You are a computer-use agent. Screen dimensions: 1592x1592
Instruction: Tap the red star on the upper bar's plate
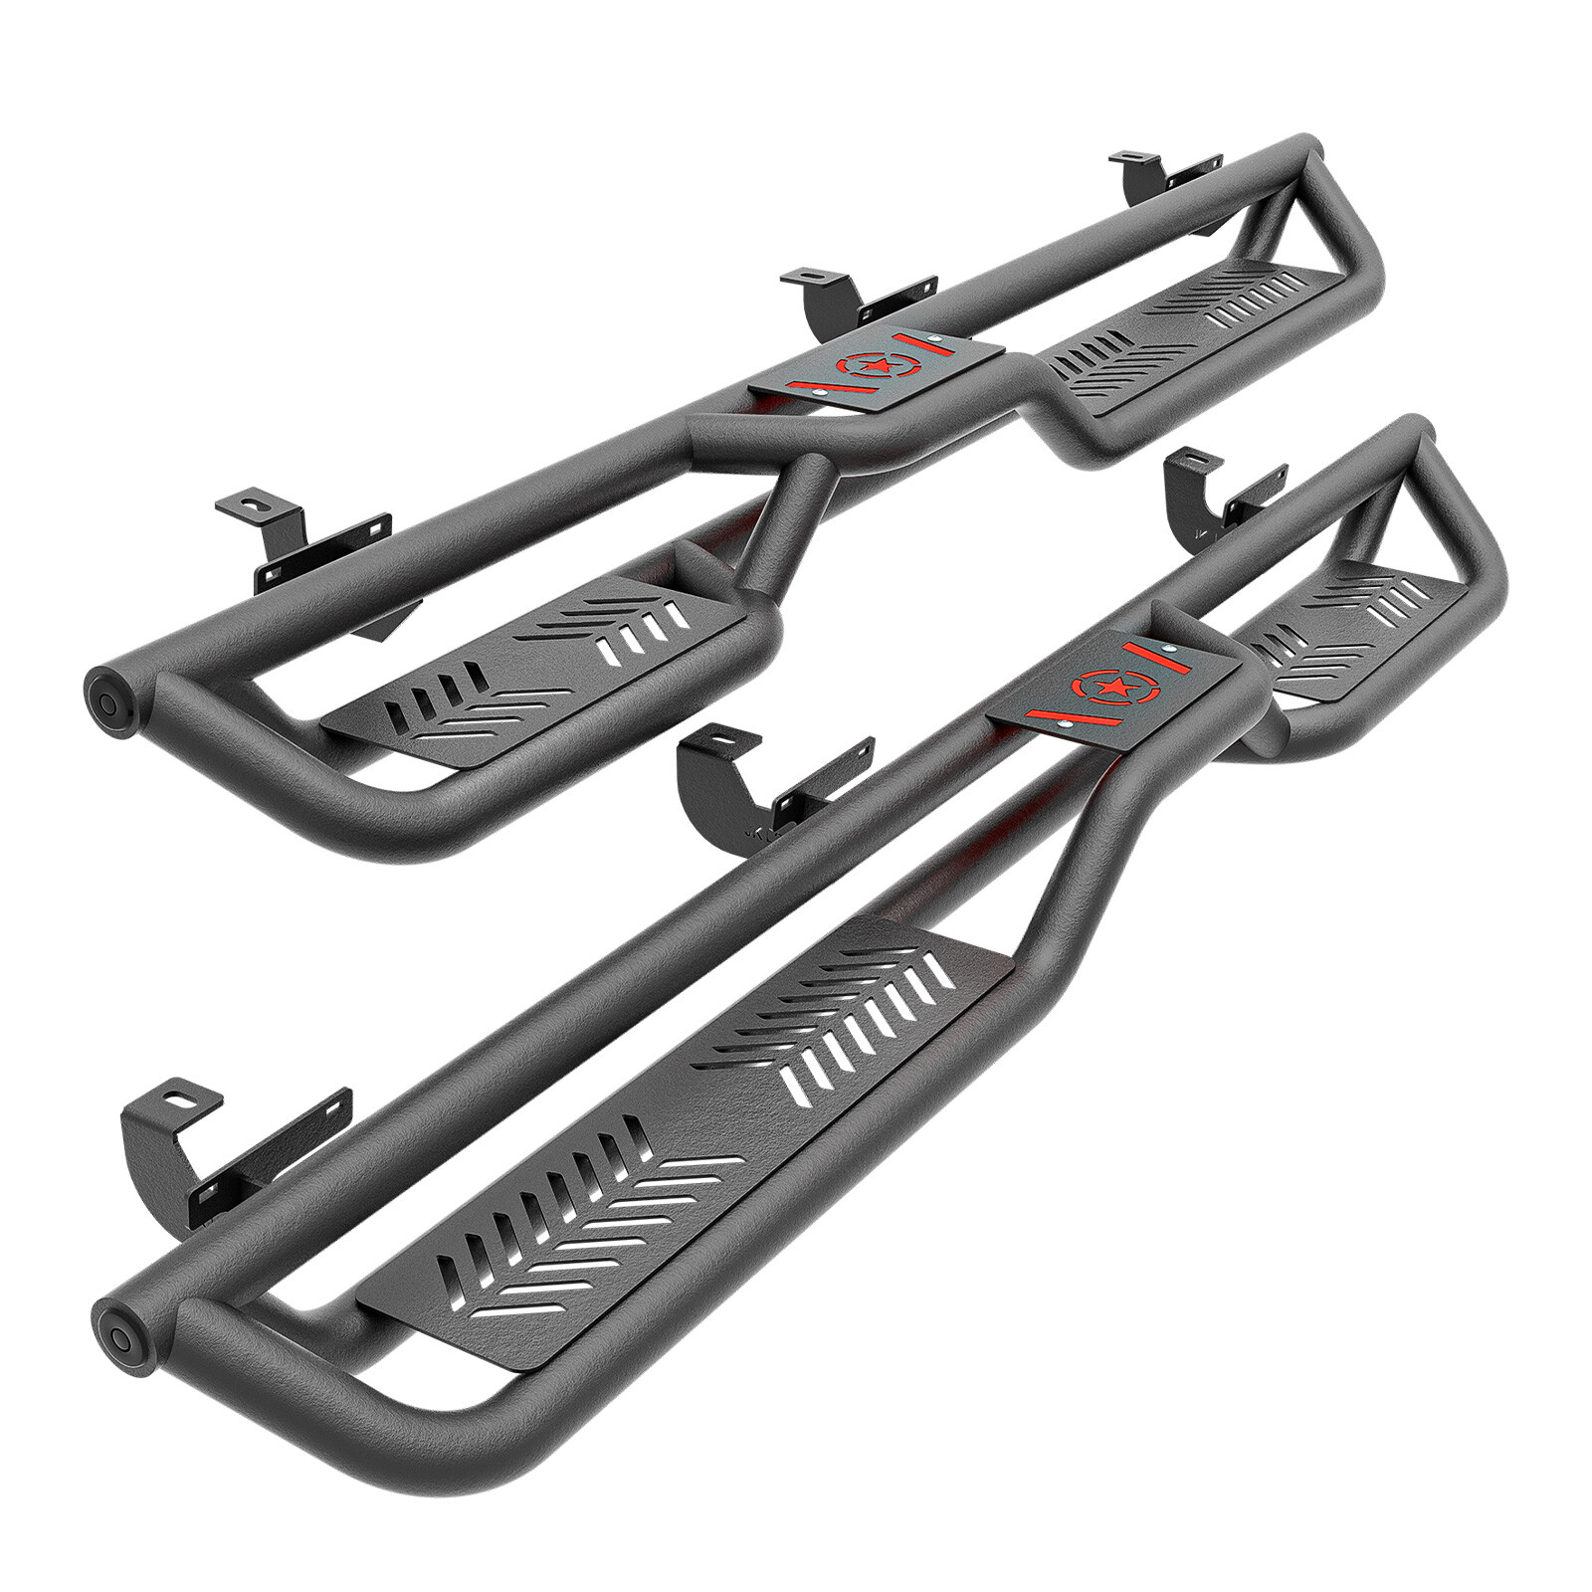coord(862,367)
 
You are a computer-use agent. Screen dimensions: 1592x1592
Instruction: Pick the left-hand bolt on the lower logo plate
coord(1066,723)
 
